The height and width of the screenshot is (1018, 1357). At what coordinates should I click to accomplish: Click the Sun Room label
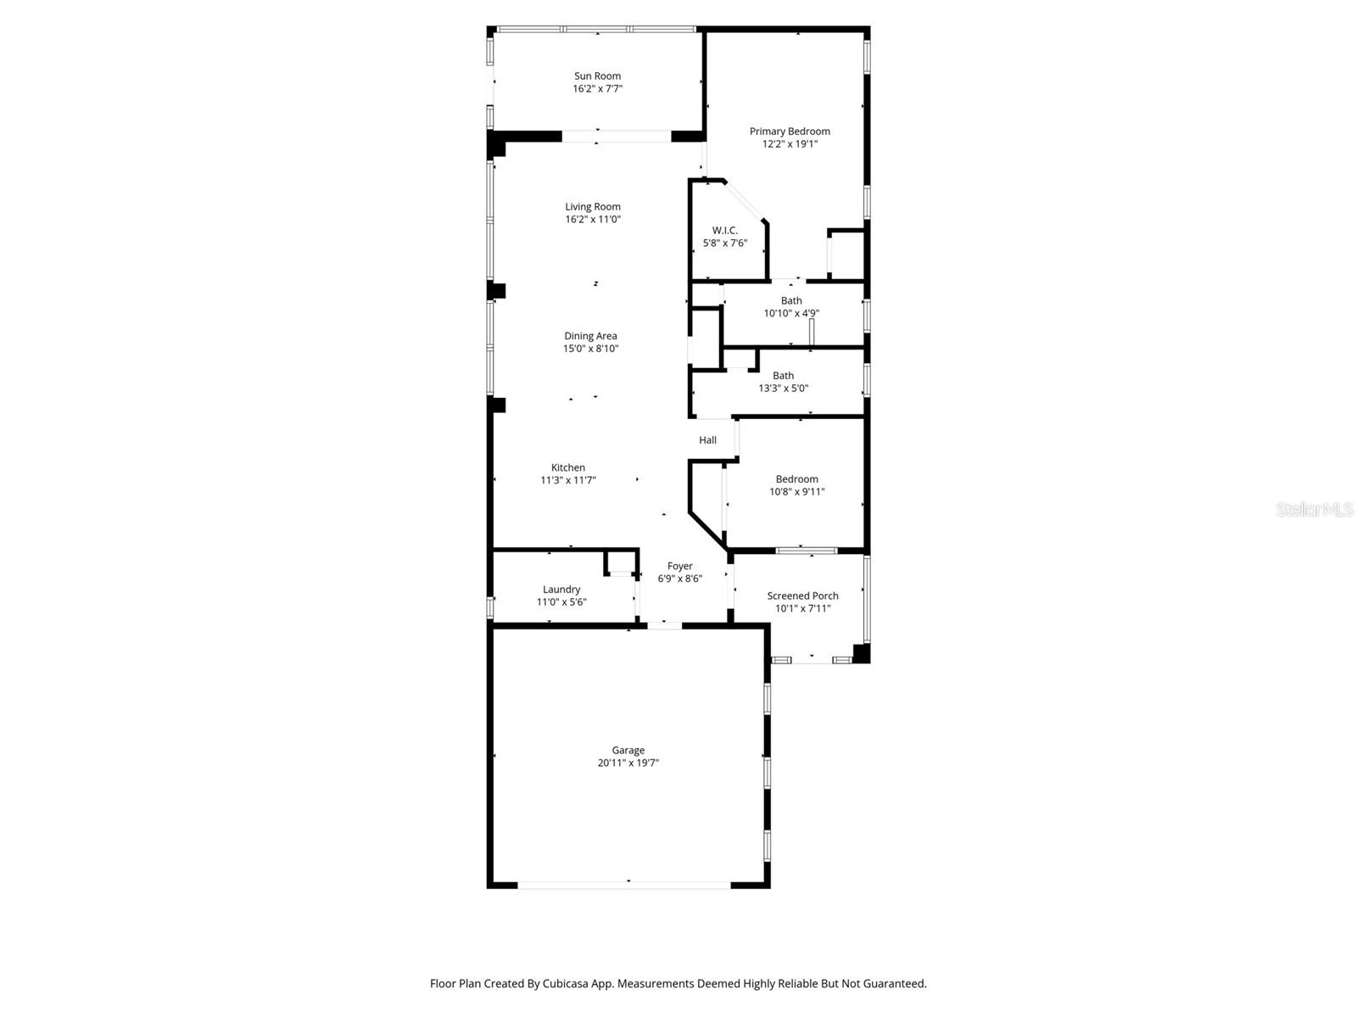coord(597,76)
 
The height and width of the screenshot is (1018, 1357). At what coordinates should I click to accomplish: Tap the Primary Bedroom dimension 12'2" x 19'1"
coord(790,144)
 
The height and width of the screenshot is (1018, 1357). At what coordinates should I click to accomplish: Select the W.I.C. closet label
coord(724,231)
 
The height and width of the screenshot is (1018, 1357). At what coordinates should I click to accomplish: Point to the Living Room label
coord(593,207)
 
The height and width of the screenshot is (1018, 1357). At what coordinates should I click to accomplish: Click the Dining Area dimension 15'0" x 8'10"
coord(590,349)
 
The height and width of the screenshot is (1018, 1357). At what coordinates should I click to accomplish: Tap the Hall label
coord(707,440)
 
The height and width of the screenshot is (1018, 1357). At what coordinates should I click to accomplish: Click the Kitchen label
coord(567,468)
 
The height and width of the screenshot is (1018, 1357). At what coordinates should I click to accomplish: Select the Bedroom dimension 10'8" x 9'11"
coord(796,492)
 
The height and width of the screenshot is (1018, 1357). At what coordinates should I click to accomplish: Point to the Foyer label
coord(679,567)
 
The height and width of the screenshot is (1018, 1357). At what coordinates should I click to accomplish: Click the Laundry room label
coord(561,590)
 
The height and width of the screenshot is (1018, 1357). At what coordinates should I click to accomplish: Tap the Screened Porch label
coord(802,596)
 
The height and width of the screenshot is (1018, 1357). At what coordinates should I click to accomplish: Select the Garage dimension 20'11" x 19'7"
coord(628,763)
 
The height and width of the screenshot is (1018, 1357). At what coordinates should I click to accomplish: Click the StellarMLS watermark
coord(1315,510)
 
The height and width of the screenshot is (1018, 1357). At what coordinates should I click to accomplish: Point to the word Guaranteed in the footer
coord(896,984)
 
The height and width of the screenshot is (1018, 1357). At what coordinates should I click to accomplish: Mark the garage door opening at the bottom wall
coord(624,885)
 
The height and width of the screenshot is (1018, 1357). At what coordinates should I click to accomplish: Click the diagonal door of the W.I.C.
coord(746,201)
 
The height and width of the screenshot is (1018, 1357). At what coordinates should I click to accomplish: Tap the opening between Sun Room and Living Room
coord(617,136)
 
